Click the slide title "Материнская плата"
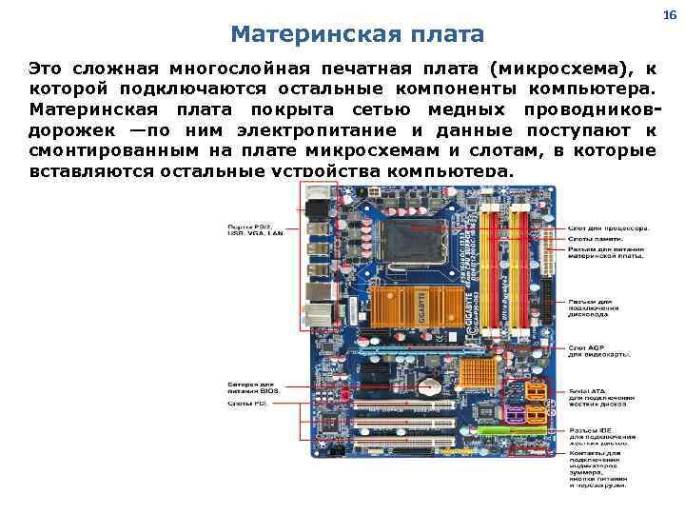[x=357, y=35]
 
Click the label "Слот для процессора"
[x=610, y=227]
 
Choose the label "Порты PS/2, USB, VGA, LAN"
[x=254, y=229]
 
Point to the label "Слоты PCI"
[x=247, y=403]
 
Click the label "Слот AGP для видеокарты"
[x=600, y=350]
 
